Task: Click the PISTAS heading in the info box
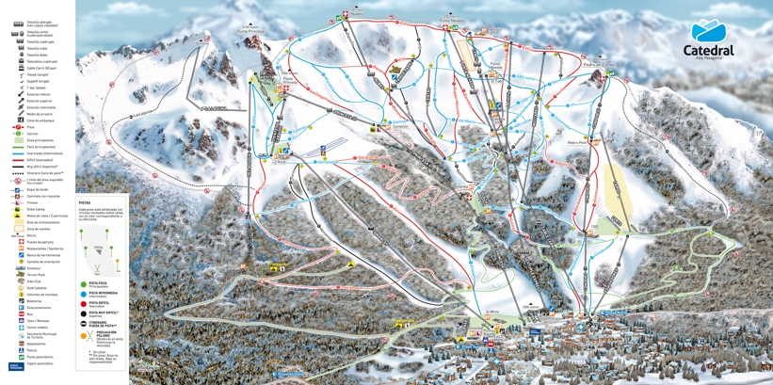click(85, 202)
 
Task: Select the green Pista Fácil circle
click(84, 283)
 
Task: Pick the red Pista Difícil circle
click(84, 302)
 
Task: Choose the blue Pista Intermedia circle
click(84, 293)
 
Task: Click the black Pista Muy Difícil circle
click(84, 313)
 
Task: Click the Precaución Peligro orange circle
click(84, 333)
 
